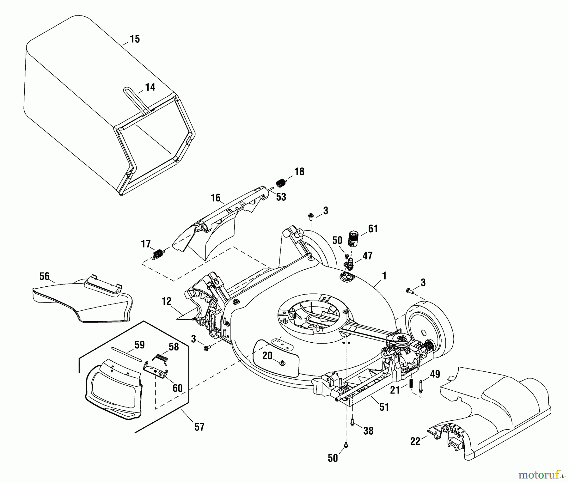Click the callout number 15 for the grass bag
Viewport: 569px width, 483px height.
[135, 40]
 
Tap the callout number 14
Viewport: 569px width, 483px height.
[150, 87]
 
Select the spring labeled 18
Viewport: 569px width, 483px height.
[280, 183]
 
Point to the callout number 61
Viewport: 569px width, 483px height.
[373, 229]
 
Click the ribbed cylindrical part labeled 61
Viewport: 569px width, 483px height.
[354, 239]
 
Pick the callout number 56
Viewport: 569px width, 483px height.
[44, 276]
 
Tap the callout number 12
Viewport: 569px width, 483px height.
[167, 301]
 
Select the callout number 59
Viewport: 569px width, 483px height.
[139, 345]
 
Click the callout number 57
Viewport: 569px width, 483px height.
[199, 427]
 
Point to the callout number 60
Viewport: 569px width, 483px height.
[177, 388]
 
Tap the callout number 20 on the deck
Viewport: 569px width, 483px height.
[267, 356]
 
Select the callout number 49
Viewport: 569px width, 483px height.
[435, 374]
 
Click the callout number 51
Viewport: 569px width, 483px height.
[384, 407]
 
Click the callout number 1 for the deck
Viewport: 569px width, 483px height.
[384, 276]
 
